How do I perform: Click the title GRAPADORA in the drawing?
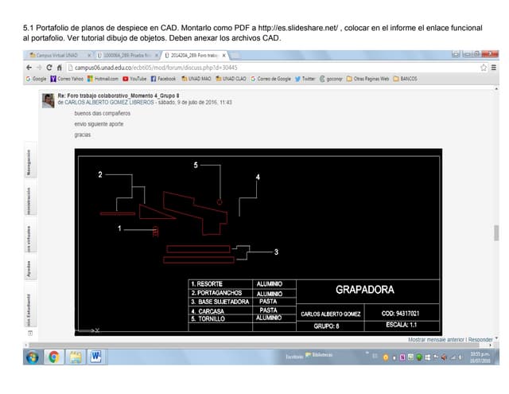click(x=365, y=290)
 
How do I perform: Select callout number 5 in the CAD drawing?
click(x=196, y=165)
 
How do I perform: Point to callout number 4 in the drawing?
click(x=258, y=177)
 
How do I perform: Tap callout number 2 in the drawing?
click(x=100, y=174)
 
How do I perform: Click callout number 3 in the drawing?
click(x=276, y=252)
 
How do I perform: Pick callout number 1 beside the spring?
click(x=120, y=228)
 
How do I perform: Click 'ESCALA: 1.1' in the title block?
click(x=402, y=325)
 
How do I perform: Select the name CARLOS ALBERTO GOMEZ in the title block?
click(x=330, y=314)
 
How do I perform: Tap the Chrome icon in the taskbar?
click(x=54, y=357)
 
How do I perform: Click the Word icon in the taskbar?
click(x=96, y=357)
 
